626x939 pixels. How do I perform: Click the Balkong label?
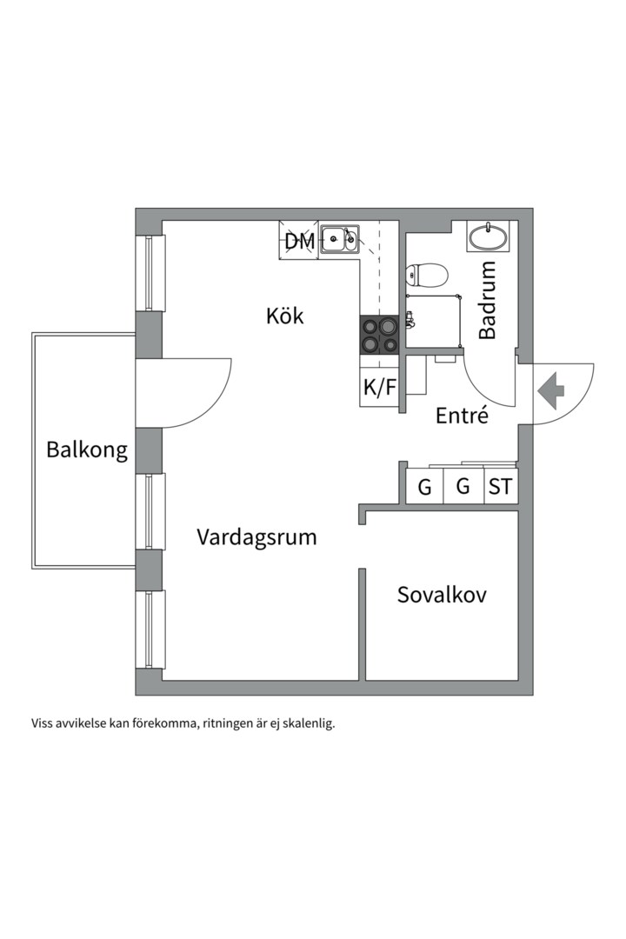pos(87,450)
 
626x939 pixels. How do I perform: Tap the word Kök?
pos(285,316)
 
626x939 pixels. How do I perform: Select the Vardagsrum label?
pos(256,536)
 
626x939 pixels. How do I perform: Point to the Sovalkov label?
pos(442,595)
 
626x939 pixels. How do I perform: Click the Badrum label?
pos(488,300)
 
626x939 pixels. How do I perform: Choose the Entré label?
pos(462,416)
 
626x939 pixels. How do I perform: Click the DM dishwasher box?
pos(300,241)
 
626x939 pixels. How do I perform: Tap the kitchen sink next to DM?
pos(339,238)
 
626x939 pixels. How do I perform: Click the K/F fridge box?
pos(379,388)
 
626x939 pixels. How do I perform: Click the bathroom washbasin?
pos(489,236)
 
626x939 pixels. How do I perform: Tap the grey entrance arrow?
pos(550,390)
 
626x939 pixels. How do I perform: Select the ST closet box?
pos(500,487)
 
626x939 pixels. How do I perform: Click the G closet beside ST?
pos(463,487)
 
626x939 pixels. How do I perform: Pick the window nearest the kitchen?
pos(154,273)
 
